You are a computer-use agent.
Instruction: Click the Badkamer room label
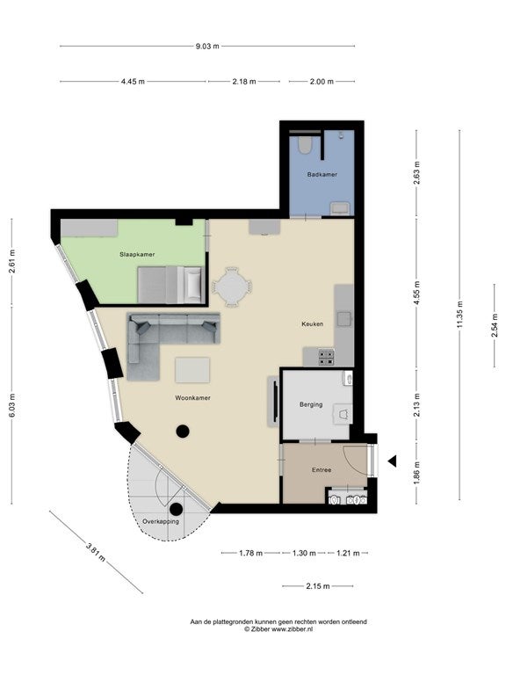pos(322,174)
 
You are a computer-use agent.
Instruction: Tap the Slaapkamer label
pos(137,254)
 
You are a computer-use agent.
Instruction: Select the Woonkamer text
pos(192,398)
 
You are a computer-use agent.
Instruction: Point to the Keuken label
pos(313,323)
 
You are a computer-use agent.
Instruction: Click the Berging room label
pos(311,404)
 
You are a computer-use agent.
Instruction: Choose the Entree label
pos(322,470)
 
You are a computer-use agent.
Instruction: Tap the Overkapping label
pos(161,521)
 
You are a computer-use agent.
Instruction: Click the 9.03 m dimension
pos(207,46)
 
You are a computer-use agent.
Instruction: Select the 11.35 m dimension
pos(459,315)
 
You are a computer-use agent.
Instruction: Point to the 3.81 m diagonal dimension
pos(96,552)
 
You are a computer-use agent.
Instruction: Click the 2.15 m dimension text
pos(318,586)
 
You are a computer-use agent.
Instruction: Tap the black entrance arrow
pos(392,461)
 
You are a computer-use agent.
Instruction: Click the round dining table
pos(232,287)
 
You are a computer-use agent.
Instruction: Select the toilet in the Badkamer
pos(305,145)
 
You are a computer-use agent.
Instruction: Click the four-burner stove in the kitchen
pos(326,357)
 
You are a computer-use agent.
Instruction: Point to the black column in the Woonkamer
pos(183,431)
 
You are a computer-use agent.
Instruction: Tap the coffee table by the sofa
pos(192,370)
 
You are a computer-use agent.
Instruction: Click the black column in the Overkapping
pos(176,509)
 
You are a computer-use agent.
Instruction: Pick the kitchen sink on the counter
pos(344,319)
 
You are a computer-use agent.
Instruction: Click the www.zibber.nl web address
pos(292,629)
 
